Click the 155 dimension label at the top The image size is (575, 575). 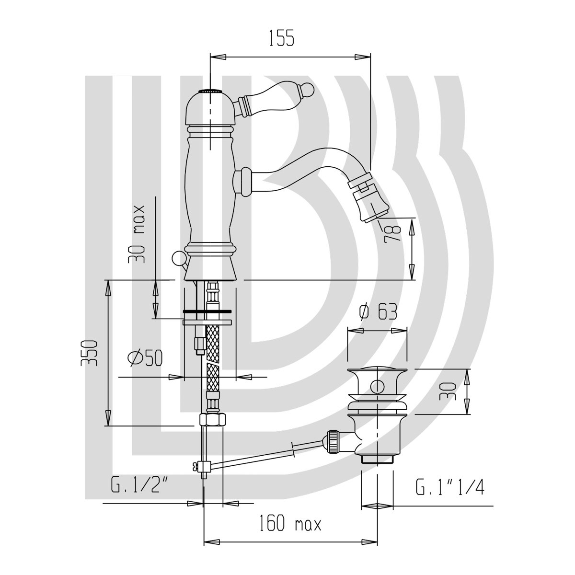tap(282, 38)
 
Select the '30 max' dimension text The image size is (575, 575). tap(137, 234)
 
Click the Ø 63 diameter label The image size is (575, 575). tap(379, 312)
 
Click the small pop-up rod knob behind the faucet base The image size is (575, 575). tap(178, 257)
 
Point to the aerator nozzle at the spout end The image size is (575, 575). tap(370, 207)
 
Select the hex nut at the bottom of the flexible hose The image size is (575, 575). tap(212, 420)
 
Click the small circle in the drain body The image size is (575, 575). tap(377, 387)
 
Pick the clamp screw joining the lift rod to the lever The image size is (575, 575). tap(200, 472)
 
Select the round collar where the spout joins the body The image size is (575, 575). tap(242, 182)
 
